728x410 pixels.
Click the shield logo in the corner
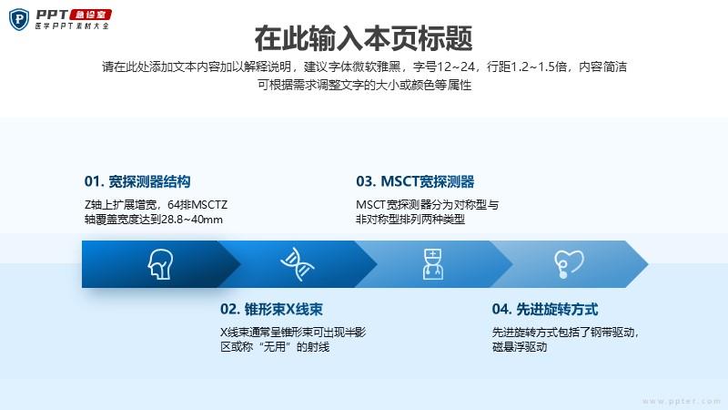19,19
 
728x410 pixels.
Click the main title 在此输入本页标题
363,38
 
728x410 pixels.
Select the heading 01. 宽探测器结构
137,181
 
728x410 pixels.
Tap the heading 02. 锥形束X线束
271,309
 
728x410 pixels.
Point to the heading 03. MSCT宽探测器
415,181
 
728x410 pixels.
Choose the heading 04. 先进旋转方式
545,309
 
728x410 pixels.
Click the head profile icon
161,264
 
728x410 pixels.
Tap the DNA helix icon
298,264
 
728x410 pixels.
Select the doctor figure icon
433,264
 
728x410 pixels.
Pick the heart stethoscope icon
569,264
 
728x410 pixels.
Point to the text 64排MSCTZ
197,204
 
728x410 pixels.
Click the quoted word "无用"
275,347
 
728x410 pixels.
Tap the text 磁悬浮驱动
520,347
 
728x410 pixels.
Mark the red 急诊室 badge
91,15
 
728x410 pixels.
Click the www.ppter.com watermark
682,401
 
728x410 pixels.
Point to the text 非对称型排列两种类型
410,220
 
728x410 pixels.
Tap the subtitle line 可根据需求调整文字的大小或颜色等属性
365,85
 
